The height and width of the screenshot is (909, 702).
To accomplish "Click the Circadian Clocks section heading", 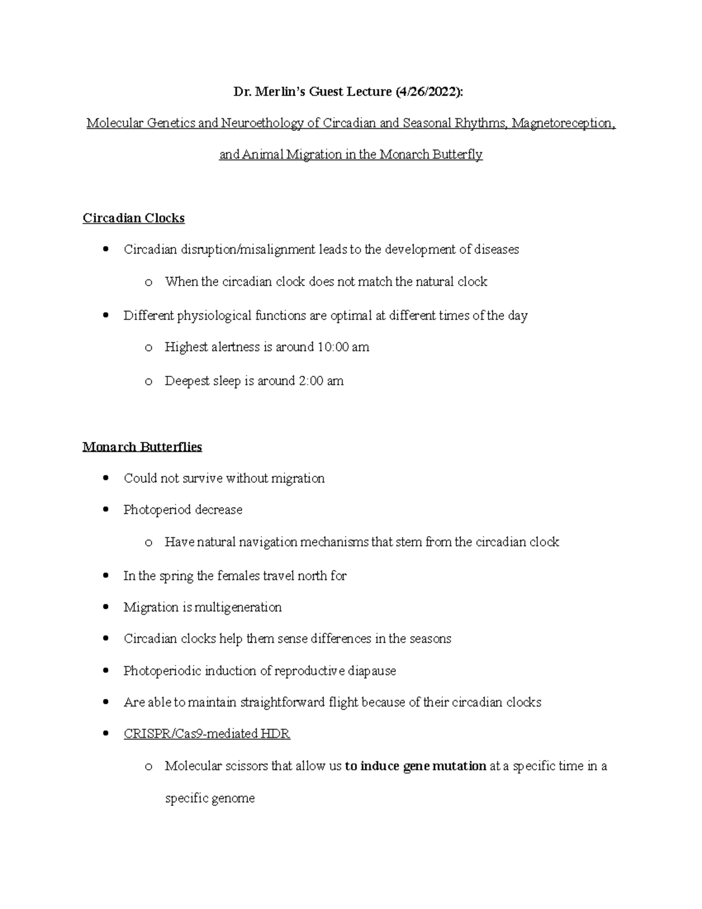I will (133, 218).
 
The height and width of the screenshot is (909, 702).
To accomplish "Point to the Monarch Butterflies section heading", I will (142, 447).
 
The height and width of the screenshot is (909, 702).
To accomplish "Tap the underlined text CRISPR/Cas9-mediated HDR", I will (207, 734).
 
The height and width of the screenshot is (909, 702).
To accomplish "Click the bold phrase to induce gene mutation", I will (415, 766).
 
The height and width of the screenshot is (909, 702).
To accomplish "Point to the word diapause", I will (372, 671).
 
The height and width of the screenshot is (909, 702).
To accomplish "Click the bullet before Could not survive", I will (105, 478).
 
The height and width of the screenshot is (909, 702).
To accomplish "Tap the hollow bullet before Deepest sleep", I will (148, 382).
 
